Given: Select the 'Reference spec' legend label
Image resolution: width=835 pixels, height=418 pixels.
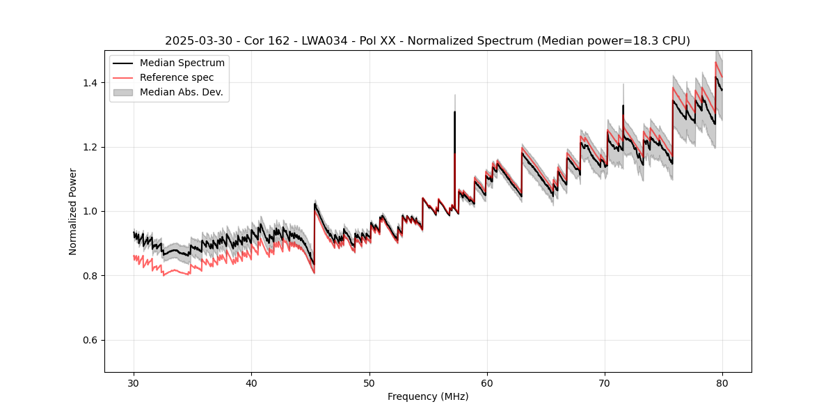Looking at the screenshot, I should click(177, 77).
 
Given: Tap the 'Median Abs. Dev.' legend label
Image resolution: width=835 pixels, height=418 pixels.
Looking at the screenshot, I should click(181, 92).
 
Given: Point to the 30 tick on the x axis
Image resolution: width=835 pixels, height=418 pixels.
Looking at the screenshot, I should click(134, 382).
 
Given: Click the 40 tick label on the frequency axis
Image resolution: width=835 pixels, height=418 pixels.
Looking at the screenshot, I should click(252, 382).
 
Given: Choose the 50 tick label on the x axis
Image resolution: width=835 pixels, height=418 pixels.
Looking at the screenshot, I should click(369, 382).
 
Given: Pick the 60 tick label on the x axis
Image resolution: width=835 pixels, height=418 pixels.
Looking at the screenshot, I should click(487, 382).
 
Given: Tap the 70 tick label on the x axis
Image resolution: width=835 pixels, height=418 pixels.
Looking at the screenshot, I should click(605, 382).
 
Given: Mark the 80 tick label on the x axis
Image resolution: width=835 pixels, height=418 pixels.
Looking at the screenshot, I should click(722, 382).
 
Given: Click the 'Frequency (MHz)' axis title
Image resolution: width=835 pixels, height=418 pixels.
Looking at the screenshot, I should click(428, 396).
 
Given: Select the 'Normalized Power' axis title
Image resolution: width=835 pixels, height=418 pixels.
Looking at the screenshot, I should click(73, 211).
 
